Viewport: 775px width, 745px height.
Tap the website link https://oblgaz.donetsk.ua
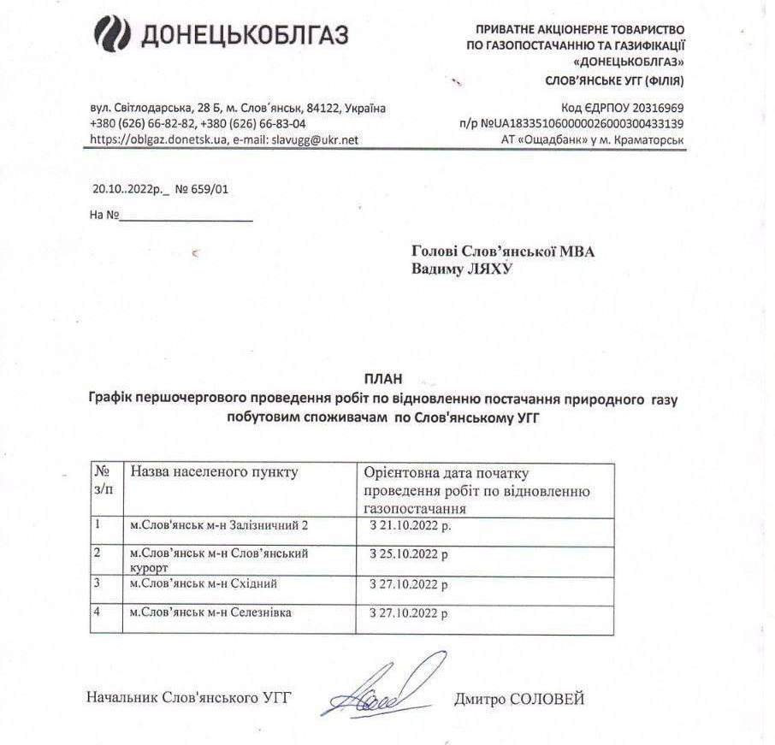point(158,139)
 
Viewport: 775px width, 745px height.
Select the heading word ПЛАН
point(382,378)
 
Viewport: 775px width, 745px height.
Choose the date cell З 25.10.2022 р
point(408,554)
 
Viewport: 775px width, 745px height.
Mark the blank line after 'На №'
point(186,216)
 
